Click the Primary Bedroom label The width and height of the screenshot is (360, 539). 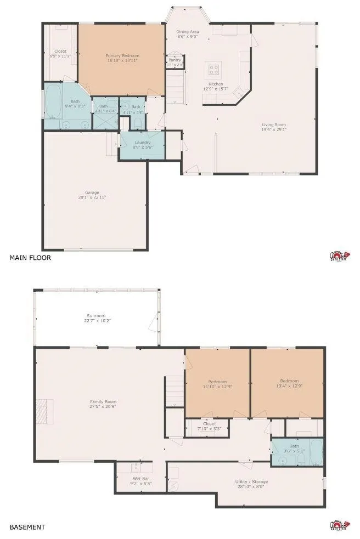(122, 55)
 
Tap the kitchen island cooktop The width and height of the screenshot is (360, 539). (213, 70)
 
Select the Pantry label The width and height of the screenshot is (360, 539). (175, 60)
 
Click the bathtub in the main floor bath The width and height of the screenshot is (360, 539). (54, 101)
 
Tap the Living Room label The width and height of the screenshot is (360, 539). (273, 124)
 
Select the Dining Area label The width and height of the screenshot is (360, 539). (187, 32)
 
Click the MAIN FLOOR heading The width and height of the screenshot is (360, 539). (30, 257)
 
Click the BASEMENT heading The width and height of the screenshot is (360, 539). (27, 527)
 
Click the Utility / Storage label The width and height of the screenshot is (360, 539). (250, 481)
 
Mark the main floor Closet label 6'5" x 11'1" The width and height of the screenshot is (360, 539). (60, 51)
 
